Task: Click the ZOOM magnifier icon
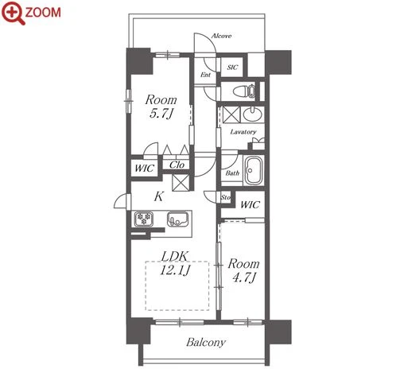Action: point(14,13)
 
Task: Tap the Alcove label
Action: point(221,36)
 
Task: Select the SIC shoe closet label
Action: point(232,68)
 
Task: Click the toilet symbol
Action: point(244,91)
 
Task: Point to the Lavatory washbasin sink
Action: point(253,114)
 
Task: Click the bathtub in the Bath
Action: point(253,170)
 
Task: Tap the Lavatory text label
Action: point(243,132)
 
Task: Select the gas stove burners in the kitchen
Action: point(144,219)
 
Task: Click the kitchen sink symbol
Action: point(178,219)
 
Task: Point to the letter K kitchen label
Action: point(159,196)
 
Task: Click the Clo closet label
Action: point(177,165)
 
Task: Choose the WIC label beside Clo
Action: point(144,169)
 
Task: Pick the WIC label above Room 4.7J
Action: point(250,204)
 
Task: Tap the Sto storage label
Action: point(226,197)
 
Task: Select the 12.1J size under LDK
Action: point(175,270)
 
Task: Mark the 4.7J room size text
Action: point(244,277)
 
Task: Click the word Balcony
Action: point(206,342)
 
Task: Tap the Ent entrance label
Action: point(205,75)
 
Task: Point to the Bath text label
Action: point(232,173)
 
